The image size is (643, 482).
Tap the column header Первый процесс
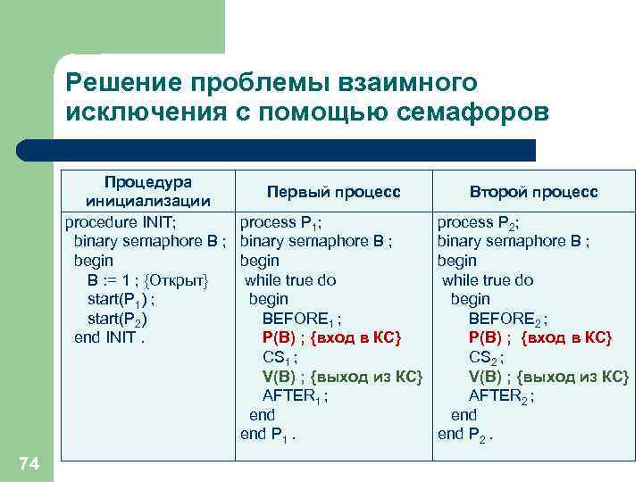(333, 193)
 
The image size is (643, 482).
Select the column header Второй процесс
(534, 193)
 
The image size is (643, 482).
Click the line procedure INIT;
(124, 221)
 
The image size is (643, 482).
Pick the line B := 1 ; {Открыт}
(147, 280)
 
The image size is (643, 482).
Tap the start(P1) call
(123, 300)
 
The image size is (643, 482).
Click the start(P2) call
(117, 320)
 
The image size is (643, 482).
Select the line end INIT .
(109, 338)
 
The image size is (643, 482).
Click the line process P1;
(281, 221)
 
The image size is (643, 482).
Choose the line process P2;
(479, 221)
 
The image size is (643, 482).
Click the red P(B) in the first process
(281, 338)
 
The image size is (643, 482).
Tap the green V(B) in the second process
(488, 377)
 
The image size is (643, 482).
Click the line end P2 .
(465, 435)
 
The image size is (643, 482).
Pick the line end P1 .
(268, 435)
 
